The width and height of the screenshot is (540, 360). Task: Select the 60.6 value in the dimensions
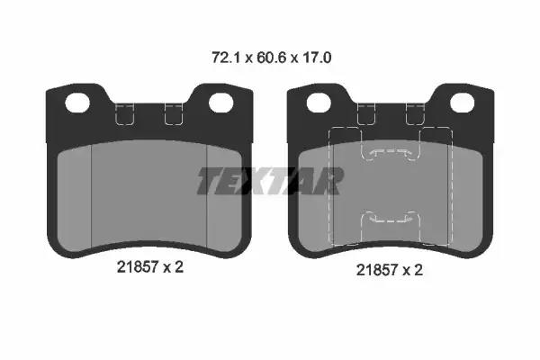[271, 58]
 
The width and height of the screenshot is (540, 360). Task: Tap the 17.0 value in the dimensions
[317, 58]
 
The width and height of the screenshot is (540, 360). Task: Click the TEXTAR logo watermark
[270, 181]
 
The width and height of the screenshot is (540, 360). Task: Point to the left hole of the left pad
[77, 103]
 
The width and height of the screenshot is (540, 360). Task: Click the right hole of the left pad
[221, 103]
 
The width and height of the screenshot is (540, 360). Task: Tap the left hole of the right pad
[319, 103]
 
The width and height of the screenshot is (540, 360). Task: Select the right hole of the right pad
[463, 103]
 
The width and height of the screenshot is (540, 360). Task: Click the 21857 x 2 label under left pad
[149, 267]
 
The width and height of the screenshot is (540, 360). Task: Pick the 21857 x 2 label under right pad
[389, 270]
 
